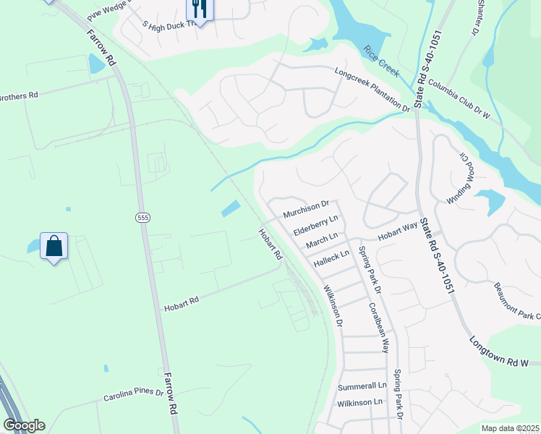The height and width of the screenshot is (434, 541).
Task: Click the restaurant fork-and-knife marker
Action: click(x=197, y=9)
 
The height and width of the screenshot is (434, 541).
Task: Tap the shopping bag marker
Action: click(x=54, y=247)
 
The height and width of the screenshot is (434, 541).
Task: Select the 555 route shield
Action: click(x=142, y=217)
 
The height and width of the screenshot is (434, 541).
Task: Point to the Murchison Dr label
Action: click(x=306, y=210)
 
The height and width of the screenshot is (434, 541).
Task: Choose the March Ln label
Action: click(x=322, y=239)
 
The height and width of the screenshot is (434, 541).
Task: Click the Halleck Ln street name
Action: click(x=331, y=257)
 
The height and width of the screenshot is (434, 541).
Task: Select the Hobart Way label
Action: click(x=398, y=231)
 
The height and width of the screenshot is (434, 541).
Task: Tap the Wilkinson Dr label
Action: click(x=333, y=305)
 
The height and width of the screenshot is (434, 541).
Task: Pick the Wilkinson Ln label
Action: click(x=359, y=401)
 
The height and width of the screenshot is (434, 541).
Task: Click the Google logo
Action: click(x=24, y=425)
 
